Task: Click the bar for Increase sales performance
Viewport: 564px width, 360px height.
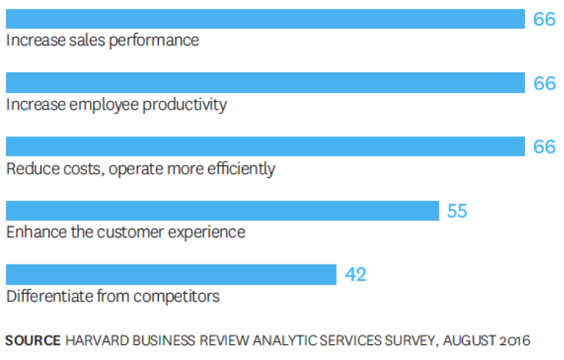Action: (x=265, y=19)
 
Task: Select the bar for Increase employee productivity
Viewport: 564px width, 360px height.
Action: (x=265, y=83)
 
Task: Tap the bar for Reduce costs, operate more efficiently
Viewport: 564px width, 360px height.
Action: (x=265, y=146)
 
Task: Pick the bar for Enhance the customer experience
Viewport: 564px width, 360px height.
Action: (x=222, y=211)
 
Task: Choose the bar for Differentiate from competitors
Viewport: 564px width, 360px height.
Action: (x=171, y=274)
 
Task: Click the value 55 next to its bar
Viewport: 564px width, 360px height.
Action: (x=457, y=211)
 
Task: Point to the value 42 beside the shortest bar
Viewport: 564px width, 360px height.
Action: (x=355, y=275)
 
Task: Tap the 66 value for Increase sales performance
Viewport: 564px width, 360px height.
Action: (x=544, y=20)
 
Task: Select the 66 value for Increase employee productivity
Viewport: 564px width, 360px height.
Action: (x=544, y=83)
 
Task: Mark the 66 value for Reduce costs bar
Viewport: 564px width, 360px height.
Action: (x=544, y=147)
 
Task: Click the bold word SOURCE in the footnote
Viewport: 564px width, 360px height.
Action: (x=33, y=340)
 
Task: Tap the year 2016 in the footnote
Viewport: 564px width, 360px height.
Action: (x=513, y=340)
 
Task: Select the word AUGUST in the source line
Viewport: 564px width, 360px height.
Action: (x=468, y=340)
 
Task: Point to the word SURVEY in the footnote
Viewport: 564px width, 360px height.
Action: (x=414, y=340)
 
